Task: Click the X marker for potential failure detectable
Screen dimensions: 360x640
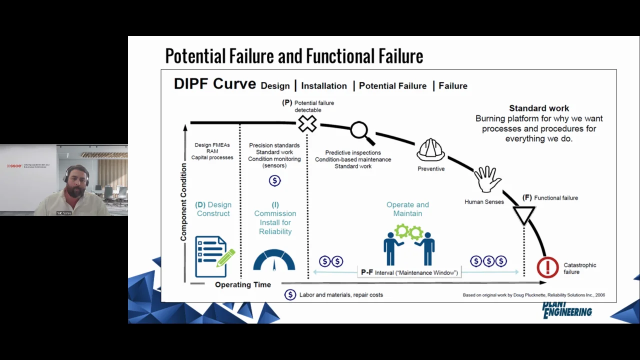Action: [x=307, y=123]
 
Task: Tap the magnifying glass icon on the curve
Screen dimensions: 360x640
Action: [x=360, y=131]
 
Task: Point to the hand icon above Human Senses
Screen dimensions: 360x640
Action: [x=487, y=179]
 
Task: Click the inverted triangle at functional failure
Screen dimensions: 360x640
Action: [x=524, y=215]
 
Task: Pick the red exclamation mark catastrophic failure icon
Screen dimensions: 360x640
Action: [x=547, y=267]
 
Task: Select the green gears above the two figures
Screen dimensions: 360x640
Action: [x=409, y=232]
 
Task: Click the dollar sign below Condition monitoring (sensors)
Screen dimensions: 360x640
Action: [x=274, y=180]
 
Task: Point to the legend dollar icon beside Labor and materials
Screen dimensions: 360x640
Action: [x=290, y=295]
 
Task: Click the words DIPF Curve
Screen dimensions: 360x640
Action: [x=214, y=84]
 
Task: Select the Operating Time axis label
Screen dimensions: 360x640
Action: [x=243, y=284]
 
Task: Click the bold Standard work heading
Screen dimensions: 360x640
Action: [x=539, y=108]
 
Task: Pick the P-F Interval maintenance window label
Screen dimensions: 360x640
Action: [x=409, y=272]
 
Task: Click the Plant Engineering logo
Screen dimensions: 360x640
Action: [x=567, y=309]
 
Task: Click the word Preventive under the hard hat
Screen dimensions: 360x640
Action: [x=431, y=169]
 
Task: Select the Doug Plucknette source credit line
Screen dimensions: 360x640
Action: [x=533, y=295]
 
